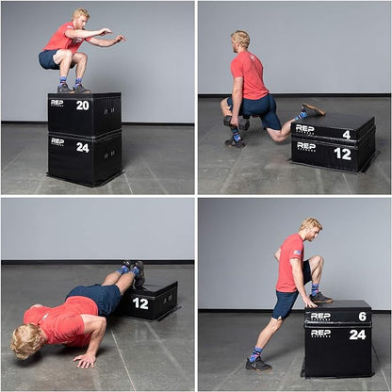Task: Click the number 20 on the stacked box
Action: pyautogui.click(x=82, y=106)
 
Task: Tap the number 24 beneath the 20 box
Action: pyautogui.click(x=82, y=146)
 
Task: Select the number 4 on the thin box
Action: pyautogui.click(x=346, y=134)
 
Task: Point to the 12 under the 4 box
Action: pyautogui.click(x=342, y=153)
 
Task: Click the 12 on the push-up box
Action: pyautogui.click(x=140, y=303)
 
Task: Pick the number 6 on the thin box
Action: pyautogui.click(x=362, y=317)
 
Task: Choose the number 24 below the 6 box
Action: pyautogui.click(x=358, y=334)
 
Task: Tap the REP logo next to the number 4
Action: pyautogui.click(x=304, y=128)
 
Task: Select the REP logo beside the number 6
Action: pyautogui.click(x=320, y=316)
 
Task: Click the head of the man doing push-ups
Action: pyautogui.click(x=26, y=339)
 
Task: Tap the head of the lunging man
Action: pyautogui.click(x=241, y=40)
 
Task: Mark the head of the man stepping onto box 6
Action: pyautogui.click(x=310, y=228)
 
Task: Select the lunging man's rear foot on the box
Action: pyautogui.click(x=313, y=110)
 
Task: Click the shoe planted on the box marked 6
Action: pyautogui.click(x=320, y=297)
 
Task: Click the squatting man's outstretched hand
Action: pyautogui.click(x=120, y=39)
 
